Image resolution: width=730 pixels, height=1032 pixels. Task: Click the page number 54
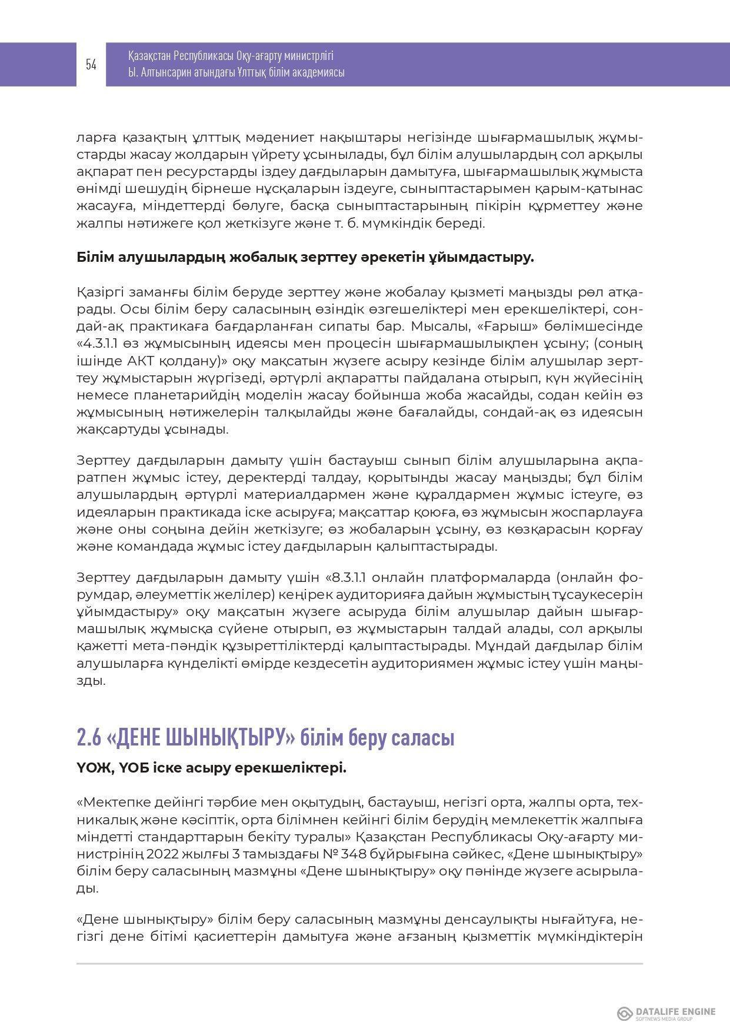pos(91,65)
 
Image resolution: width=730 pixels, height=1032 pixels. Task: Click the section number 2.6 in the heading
pos(88,738)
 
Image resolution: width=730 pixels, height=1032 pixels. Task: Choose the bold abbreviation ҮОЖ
pos(89,768)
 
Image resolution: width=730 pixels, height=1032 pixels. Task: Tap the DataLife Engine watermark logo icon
pos(624,1014)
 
